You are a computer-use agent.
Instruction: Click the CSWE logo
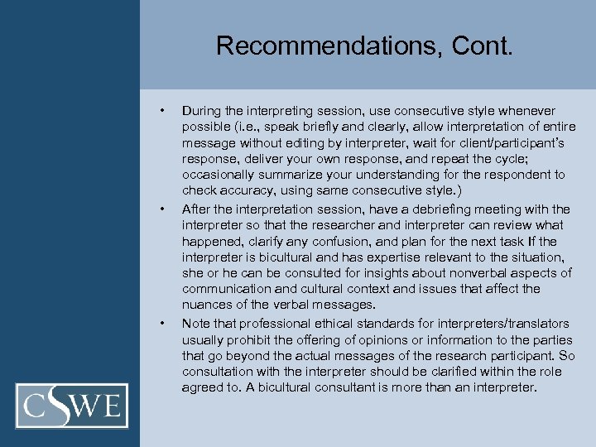coord(76,405)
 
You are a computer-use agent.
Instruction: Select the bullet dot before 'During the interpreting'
coord(165,110)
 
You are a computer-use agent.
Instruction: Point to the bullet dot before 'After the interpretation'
coord(165,208)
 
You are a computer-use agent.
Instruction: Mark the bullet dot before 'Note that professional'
coord(165,322)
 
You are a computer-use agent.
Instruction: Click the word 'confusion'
coord(345,240)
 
